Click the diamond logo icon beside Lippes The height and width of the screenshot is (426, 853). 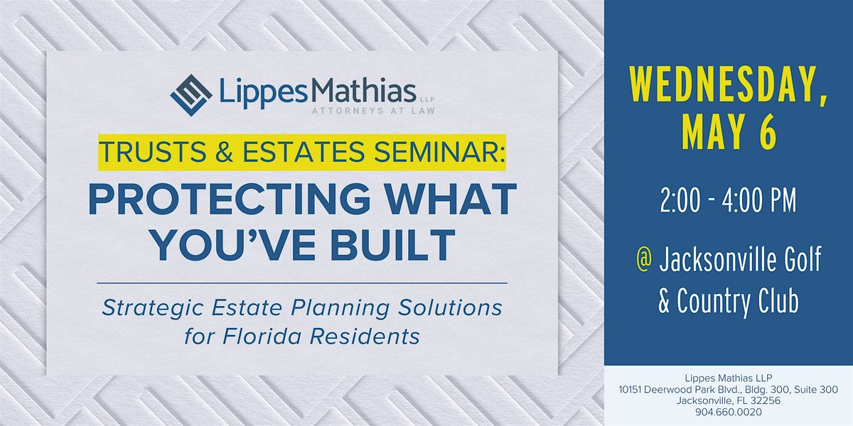pyautogui.click(x=191, y=95)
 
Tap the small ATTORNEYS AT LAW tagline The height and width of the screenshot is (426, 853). pyautogui.click(x=373, y=111)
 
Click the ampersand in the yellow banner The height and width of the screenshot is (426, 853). pyautogui.click(x=225, y=152)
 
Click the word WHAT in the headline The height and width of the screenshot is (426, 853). pyautogui.click(x=450, y=200)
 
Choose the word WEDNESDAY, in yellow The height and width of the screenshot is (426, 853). pyautogui.click(x=729, y=86)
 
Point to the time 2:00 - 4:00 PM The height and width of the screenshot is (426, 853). pyautogui.click(x=728, y=200)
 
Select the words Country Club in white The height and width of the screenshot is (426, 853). pyautogui.click(x=738, y=300)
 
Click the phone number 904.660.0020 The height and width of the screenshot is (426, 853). pyautogui.click(x=729, y=412)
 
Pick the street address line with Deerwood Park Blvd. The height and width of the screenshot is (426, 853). pyautogui.click(x=728, y=390)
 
